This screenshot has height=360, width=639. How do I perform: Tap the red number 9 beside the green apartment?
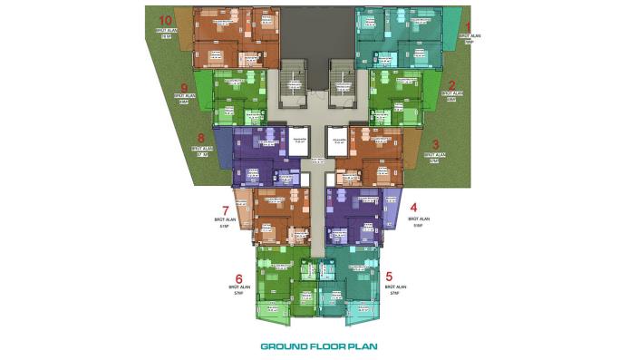[184, 88]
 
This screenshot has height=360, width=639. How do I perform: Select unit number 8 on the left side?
[200, 140]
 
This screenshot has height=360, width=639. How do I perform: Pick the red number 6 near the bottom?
[238, 279]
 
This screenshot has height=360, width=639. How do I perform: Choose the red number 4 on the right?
[413, 207]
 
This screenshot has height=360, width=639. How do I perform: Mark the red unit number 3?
[435, 144]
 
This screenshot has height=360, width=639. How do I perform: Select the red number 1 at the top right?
[468, 28]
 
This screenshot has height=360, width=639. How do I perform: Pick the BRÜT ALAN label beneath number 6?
[238, 287]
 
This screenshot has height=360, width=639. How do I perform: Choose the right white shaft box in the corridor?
[338, 141]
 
